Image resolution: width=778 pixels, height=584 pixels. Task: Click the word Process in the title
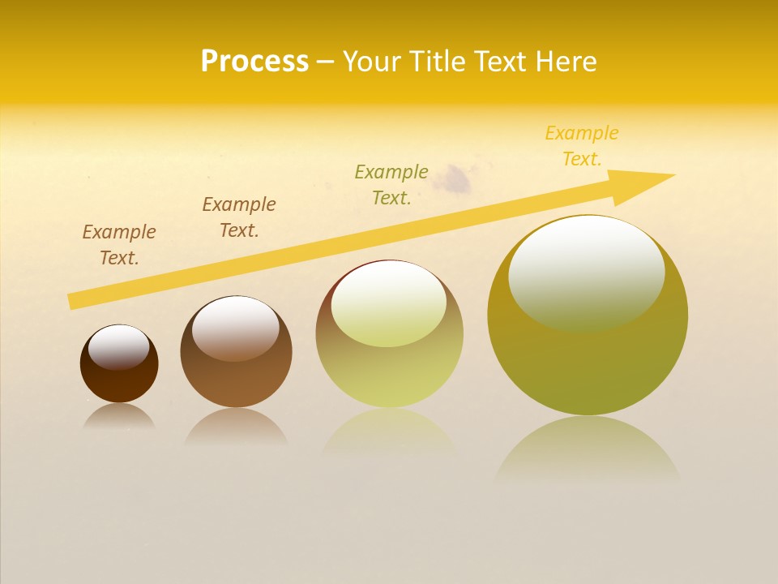(x=254, y=62)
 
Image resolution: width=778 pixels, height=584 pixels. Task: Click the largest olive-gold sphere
(x=588, y=357)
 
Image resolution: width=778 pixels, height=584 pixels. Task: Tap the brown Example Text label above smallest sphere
(x=119, y=245)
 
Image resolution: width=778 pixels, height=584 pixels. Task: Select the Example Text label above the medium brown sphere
(x=239, y=217)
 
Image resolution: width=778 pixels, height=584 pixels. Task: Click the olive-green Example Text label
(x=391, y=184)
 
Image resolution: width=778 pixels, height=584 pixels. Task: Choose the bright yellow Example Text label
(x=582, y=146)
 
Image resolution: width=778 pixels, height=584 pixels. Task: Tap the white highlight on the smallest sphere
(x=119, y=347)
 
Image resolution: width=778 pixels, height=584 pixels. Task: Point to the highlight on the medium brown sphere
(x=236, y=328)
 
